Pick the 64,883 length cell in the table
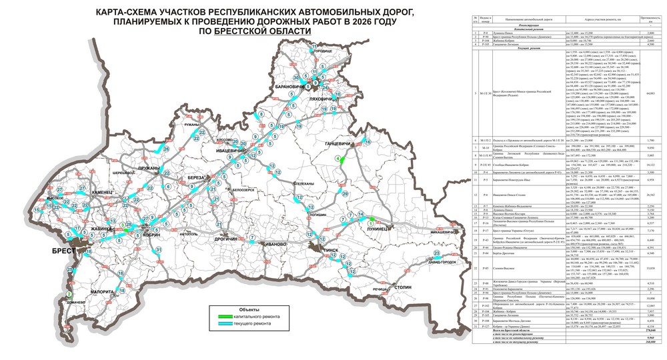pos(654,93)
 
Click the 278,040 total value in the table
pos(654,349)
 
